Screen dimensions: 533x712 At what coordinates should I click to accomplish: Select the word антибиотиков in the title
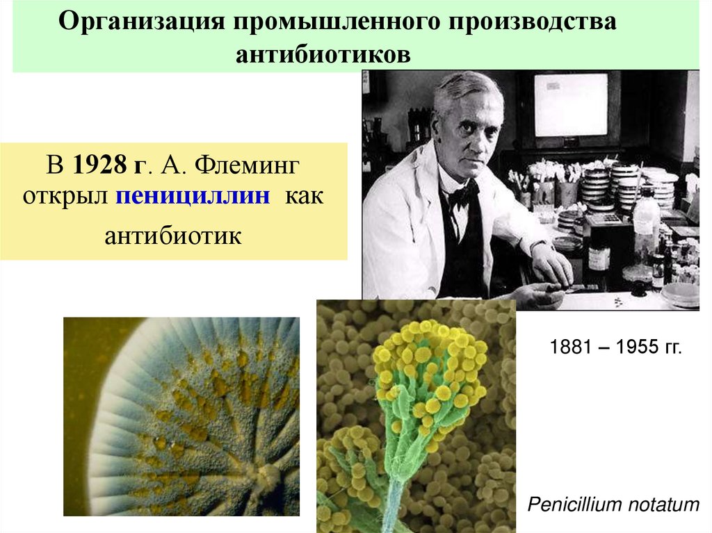pos(323,54)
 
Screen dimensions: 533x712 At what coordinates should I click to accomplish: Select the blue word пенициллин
pos(193,195)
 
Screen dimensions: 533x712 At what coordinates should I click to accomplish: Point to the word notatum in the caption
pos(663,505)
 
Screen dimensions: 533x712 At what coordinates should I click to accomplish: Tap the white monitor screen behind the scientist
pos(570,104)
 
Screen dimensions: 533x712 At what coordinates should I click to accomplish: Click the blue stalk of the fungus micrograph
pos(394,504)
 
